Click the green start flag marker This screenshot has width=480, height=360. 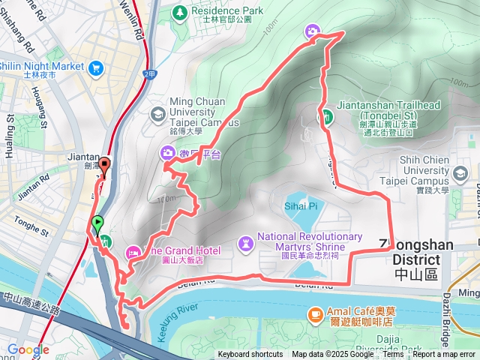97,223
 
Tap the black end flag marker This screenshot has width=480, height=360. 105,167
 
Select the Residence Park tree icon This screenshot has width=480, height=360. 180,11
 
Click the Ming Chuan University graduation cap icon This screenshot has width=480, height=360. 157,113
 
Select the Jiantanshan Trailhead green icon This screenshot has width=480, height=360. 328,116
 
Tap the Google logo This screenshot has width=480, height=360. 28,349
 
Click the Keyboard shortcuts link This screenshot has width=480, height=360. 250,355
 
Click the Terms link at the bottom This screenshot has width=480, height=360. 393,355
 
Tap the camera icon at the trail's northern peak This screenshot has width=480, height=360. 311,31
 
